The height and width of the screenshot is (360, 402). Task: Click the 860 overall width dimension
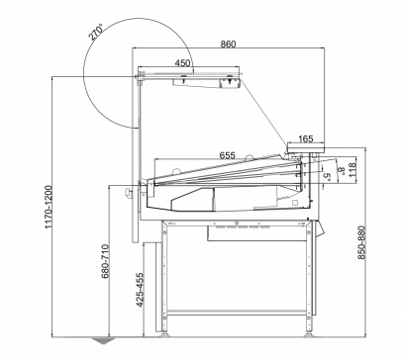228,44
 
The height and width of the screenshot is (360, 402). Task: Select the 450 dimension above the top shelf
182,62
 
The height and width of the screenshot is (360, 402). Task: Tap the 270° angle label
95,32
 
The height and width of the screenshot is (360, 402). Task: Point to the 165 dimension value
306,138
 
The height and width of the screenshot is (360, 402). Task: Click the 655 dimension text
228,155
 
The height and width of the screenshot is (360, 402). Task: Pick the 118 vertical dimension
352,169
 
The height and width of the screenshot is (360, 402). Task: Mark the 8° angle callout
342,171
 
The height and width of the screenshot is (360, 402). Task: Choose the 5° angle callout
327,177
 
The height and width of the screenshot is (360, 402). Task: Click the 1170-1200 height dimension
49,207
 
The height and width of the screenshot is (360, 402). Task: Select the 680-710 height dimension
105,261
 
